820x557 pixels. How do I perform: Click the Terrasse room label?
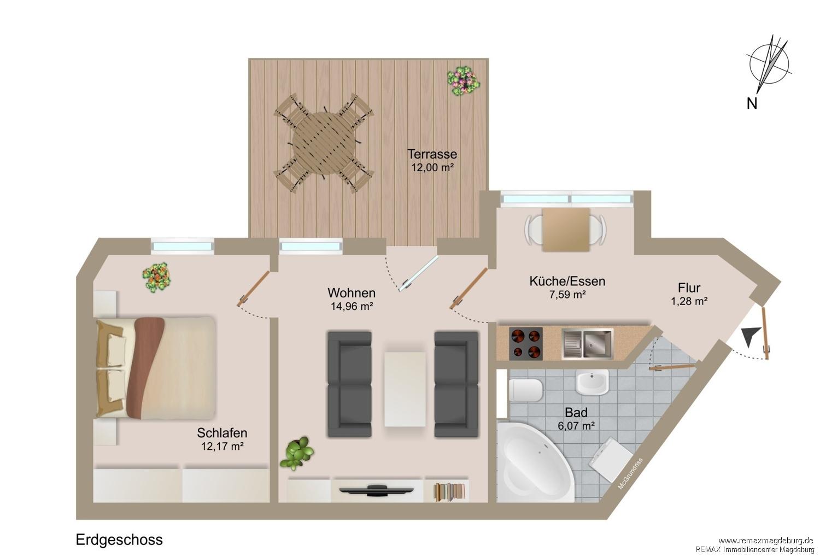tap(432, 154)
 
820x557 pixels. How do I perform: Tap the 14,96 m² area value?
tap(352, 306)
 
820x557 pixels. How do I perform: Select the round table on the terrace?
tap(324, 143)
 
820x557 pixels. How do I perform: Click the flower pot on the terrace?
tap(464, 80)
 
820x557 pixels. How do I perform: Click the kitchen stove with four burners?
tap(526, 343)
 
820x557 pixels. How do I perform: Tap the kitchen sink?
tap(588, 344)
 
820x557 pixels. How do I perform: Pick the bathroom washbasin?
tap(592, 382)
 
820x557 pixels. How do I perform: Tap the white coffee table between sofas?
tap(405, 389)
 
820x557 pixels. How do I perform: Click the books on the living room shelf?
tap(449, 491)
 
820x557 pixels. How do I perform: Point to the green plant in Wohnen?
tap(297, 453)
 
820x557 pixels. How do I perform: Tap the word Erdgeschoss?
tap(119, 540)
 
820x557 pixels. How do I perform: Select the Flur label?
tap(689, 288)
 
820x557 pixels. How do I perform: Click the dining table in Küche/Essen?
tap(566, 230)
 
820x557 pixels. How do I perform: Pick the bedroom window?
tap(183, 247)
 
